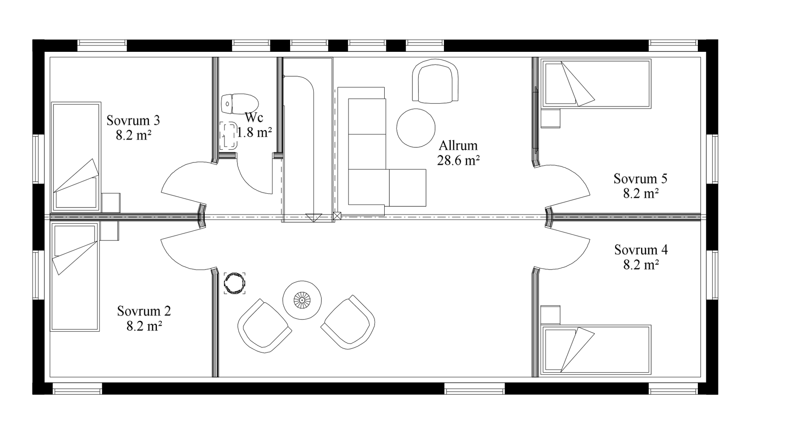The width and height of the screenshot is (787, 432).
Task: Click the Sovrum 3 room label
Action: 133,120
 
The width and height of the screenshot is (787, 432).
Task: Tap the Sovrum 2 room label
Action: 144,311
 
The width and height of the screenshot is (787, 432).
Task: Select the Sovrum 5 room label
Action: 640,179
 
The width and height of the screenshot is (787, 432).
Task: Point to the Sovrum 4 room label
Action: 641,250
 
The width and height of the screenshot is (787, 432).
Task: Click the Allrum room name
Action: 458,146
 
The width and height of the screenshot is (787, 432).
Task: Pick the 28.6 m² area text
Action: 458,160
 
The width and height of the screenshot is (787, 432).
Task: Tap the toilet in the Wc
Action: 239,104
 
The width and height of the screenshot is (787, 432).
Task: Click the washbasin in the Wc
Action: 229,136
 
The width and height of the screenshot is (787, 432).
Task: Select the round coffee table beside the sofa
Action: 416,128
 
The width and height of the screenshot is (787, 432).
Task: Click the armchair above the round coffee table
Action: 435,80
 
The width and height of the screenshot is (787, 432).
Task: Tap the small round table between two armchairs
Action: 302,300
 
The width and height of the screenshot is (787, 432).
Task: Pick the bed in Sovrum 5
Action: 596,84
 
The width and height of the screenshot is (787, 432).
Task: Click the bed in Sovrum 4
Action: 596,349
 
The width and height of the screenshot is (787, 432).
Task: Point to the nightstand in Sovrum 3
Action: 111,203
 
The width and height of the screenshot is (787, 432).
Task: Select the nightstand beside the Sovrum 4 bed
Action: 550,315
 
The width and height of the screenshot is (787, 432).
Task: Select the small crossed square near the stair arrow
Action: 337,216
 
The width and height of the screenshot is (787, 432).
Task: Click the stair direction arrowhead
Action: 313,218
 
